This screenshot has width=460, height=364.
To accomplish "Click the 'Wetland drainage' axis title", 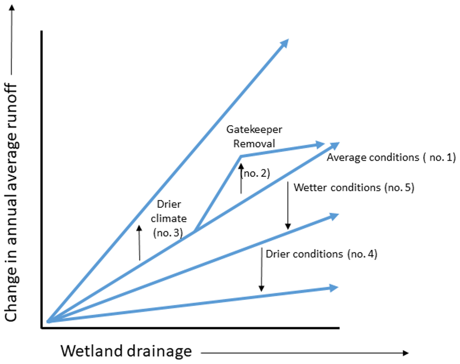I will coord(126,351).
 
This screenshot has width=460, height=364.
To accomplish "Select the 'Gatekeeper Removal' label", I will coord(254,137).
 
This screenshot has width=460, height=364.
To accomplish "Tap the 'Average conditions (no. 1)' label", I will coord(392,157).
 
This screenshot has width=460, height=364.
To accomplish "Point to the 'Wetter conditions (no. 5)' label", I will coord(354,188).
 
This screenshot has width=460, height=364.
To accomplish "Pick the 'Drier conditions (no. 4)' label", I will coord(321,254).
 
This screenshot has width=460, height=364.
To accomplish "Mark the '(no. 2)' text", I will coord(256,174).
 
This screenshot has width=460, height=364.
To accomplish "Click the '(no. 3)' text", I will coord(168,234).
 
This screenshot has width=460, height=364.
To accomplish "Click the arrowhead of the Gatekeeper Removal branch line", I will coord(320,144).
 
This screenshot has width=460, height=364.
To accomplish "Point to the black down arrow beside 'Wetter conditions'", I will coord(288,206).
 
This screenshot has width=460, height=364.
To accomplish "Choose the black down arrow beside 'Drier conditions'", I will coord(261,270).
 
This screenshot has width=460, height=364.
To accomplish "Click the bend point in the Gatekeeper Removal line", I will coord(241,156).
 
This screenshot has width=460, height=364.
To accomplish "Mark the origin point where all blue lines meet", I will coord(48,322).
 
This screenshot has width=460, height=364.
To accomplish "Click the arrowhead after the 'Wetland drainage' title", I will coord(406,353).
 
